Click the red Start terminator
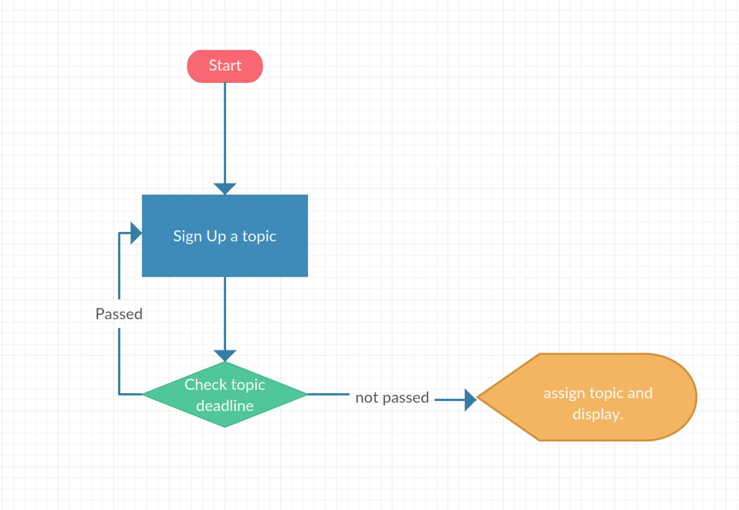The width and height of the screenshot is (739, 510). point(225,66)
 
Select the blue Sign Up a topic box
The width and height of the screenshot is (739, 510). point(225,236)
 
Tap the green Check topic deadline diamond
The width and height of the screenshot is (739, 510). point(225,394)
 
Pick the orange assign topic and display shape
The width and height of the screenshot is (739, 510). point(587,397)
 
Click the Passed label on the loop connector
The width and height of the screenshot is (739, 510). point(119,314)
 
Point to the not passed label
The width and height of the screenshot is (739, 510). point(392,397)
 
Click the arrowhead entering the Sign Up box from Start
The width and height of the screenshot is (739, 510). point(225,189)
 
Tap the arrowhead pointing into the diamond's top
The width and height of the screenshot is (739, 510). point(225,356)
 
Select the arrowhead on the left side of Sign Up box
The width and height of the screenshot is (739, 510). point(136,233)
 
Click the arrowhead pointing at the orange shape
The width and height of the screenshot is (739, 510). point(470,399)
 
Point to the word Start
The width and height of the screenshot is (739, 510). point(225,65)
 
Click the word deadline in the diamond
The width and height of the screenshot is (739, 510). point(225,405)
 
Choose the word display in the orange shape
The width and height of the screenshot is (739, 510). point(597,415)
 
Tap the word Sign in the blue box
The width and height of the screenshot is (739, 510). point(187,237)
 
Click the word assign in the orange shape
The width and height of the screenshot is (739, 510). point(564,394)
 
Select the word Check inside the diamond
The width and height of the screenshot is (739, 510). point(206,384)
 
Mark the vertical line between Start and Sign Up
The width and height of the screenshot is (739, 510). point(225,132)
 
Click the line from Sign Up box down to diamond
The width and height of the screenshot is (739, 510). point(225,313)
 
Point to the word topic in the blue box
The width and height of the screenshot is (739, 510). point(259,237)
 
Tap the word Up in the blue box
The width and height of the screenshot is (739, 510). point(216,237)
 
